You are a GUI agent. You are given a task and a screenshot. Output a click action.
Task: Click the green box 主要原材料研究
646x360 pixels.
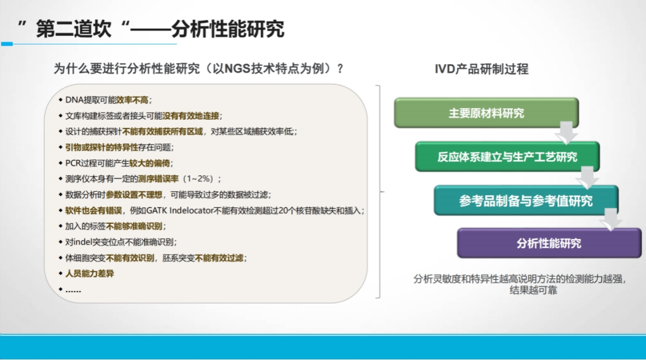pos(486,113)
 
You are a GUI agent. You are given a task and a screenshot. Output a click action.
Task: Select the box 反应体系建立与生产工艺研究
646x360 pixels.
pos(507,157)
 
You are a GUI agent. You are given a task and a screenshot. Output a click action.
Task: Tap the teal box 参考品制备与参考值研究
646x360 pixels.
pos(526,200)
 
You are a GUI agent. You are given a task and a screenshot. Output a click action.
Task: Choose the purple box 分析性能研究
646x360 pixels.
pos(549,243)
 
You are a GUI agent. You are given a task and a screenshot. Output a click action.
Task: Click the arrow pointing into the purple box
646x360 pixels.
pos(611,219)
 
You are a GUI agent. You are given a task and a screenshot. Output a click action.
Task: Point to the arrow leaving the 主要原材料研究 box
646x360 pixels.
pos(567,133)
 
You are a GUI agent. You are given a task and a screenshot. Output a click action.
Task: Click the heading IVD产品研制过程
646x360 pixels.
pos(481,69)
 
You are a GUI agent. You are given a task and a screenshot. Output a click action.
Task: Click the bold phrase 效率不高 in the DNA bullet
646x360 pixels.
pos(132,100)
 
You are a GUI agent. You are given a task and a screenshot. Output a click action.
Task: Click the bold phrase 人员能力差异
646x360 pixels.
pos(89,274)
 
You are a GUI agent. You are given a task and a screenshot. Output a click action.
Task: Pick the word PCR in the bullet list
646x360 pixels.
pos(73,163)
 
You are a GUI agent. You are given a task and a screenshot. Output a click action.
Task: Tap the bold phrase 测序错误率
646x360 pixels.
pos(158,179)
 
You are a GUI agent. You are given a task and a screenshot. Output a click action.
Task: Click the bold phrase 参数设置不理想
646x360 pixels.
pos(134,194)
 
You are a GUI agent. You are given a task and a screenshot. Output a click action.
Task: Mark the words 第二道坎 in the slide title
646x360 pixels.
pos(74,29)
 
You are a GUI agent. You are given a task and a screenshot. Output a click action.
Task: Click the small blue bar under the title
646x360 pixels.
pos(7,44)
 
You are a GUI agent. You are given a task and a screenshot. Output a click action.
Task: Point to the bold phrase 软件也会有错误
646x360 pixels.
pos(93,210)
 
